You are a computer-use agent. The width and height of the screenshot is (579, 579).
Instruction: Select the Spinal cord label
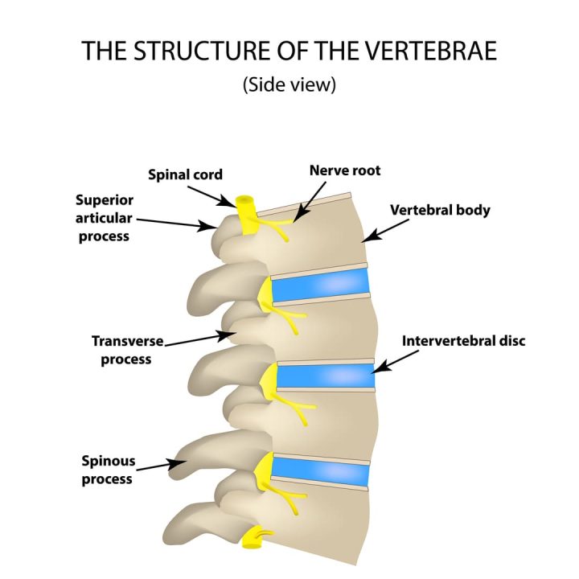[x=185, y=175]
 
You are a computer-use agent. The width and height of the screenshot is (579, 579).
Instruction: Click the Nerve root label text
[x=344, y=170]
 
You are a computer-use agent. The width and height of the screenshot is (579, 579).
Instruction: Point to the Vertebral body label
[x=440, y=211]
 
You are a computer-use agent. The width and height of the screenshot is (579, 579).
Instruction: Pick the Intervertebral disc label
[x=463, y=341]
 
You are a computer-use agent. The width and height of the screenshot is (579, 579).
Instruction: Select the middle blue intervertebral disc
[x=325, y=375]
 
